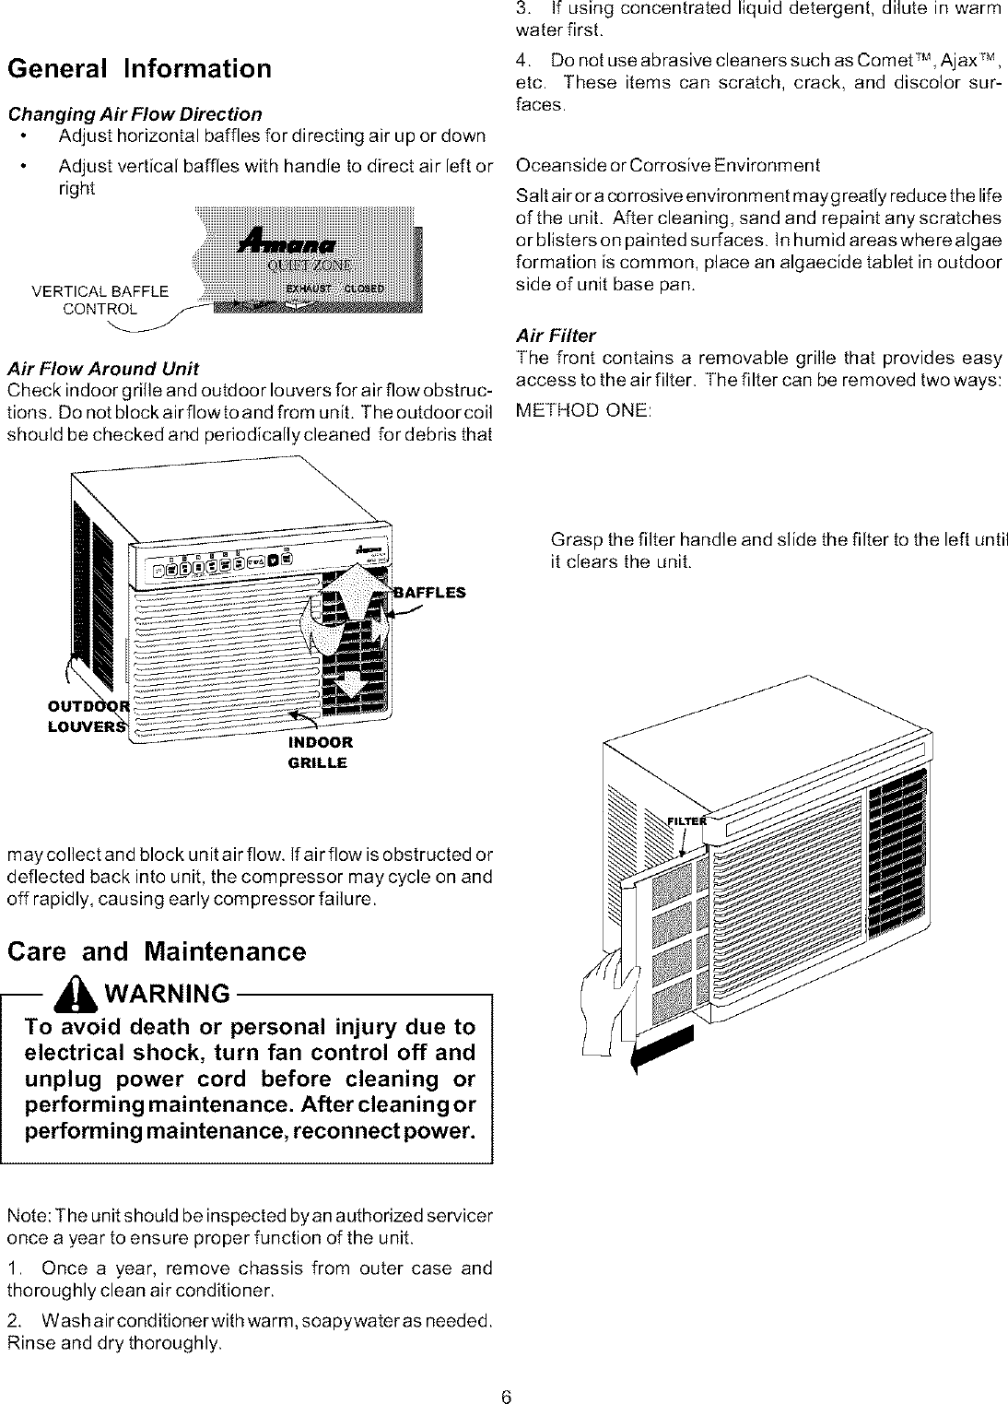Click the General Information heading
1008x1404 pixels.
[139, 69]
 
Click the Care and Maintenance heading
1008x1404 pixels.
[156, 951]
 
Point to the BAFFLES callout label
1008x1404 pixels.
[429, 593]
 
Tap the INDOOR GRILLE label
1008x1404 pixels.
[319, 752]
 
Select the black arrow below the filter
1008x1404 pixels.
[662, 1049]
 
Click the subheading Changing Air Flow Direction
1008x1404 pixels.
[135, 114]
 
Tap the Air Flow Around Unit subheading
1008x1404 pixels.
[102, 369]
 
